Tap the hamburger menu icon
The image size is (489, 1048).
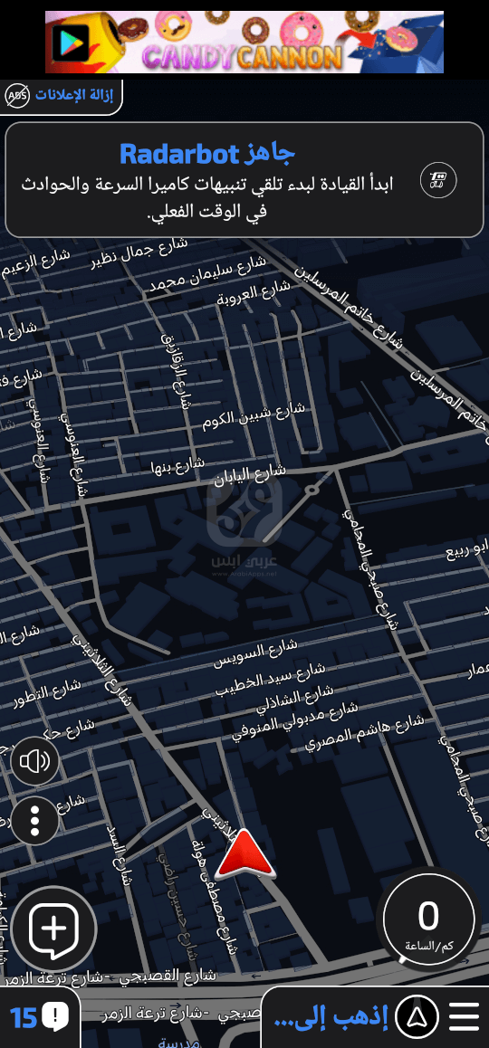tap(464, 1017)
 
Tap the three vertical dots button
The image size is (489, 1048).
tap(35, 821)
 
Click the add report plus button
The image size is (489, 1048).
tap(53, 929)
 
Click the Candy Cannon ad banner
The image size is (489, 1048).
tap(244, 42)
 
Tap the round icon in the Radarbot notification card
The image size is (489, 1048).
tap(438, 180)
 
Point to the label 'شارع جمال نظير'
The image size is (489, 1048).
tap(139, 253)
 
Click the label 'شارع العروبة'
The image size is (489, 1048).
tap(254, 293)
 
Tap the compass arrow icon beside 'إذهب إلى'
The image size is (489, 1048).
tap(417, 1017)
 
